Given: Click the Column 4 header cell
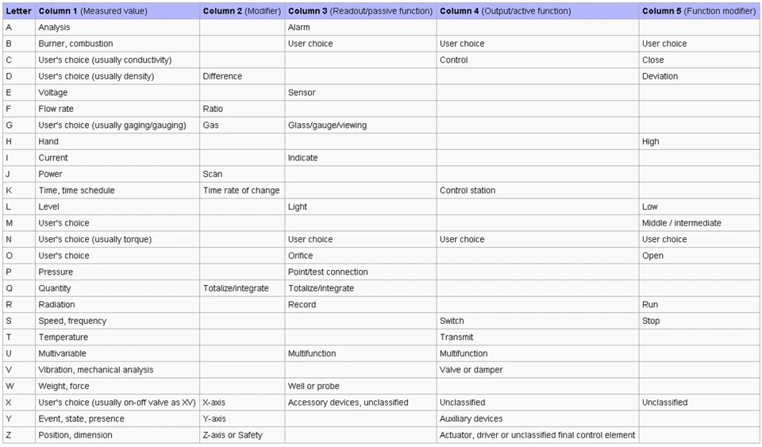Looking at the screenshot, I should [x=505, y=11].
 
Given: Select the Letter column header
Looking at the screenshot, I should [x=18, y=11].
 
